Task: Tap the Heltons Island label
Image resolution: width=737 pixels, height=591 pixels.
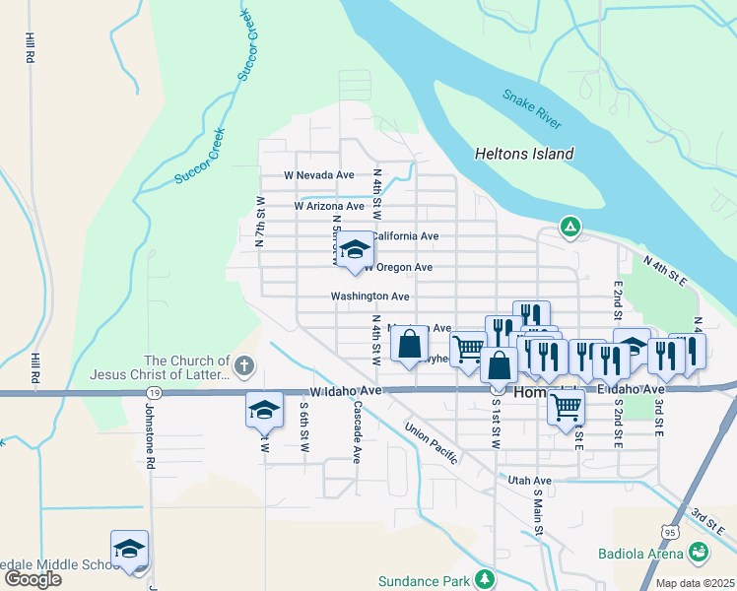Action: [524, 154]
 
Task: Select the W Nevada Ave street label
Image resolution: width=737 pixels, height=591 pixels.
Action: [318, 174]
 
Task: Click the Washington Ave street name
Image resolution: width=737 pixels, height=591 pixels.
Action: [369, 295]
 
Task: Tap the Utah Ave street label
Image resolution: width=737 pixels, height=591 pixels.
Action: [529, 480]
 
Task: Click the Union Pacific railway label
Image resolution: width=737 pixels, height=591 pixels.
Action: [438, 446]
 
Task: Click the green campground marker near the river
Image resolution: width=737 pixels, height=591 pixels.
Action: [569, 227]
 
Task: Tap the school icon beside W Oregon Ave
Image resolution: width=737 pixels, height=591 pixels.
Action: [355, 250]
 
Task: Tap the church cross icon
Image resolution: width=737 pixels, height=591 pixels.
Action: [244, 367]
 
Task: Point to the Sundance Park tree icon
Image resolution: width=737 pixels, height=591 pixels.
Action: [483, 578]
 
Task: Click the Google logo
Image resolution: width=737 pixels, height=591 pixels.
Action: [33, 578]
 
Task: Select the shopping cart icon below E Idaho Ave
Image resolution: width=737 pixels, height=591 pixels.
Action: [566, 405]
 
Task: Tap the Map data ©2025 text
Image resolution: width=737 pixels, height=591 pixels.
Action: [695, 583]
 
